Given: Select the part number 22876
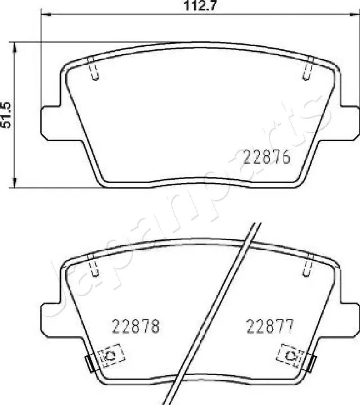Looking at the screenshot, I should [x=266, y=158].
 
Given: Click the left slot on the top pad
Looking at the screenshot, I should [x=94, y=69].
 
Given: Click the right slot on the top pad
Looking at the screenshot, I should [x=308, y=69].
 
